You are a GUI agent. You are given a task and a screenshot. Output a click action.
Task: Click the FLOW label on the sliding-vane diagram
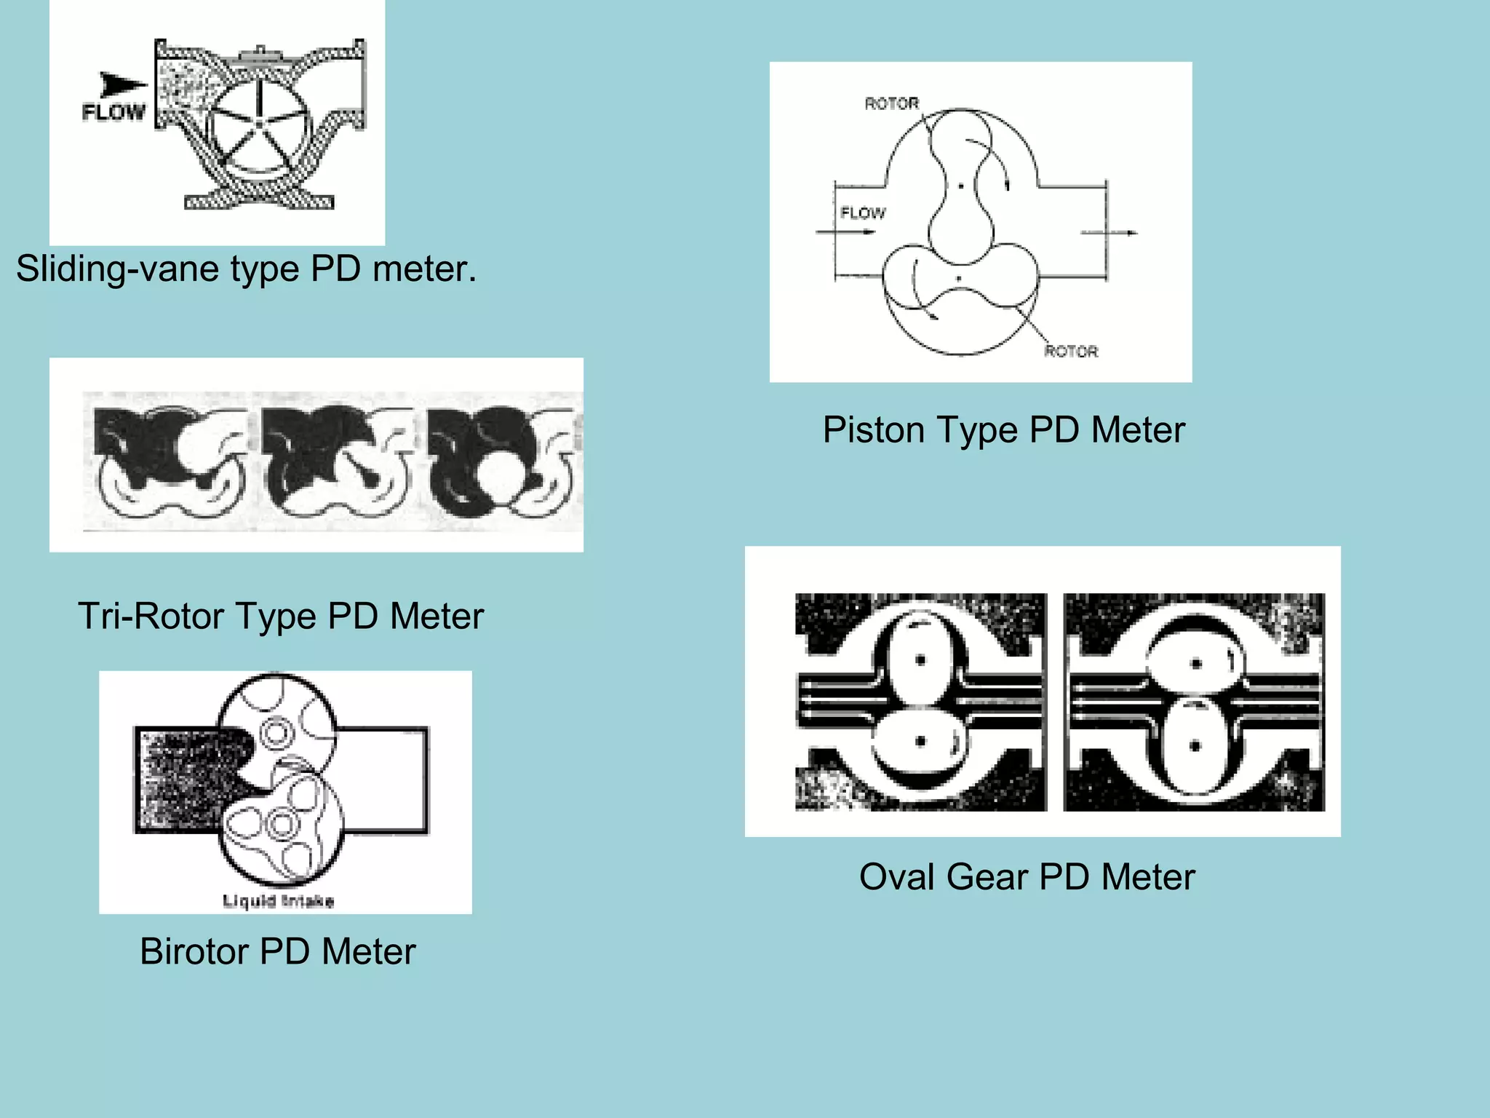coord(113,112)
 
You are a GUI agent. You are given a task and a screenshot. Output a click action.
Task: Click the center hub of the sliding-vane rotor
coord(259,125)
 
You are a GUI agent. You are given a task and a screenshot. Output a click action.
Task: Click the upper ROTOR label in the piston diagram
coord(891,104)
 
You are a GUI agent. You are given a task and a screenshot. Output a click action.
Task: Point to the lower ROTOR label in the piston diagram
coord(1071,352)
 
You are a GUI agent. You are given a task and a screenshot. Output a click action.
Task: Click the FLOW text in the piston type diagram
coord(863,213)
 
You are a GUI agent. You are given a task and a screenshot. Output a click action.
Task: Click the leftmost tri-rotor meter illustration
coord(168,460)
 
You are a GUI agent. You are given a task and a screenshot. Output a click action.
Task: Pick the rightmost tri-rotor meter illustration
coord(503,460)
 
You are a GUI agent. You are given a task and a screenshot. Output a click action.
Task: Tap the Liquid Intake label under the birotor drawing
coord(278,902)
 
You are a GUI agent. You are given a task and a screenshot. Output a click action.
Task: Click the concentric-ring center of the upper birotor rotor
coord(276,732)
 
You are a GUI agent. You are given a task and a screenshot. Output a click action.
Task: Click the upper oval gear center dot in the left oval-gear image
coord(920,660)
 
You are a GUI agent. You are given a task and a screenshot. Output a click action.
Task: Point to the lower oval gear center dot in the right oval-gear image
coord(1195,746)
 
